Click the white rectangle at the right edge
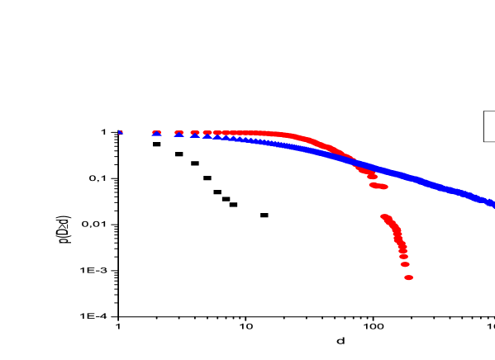pyautogui.click(x=489, y=126)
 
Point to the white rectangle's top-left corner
pyautogui.click(x=484, y=111)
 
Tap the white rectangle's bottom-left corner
pyautogui.click(x=484, y=141)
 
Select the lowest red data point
pyautogui.click(x=408, y=277)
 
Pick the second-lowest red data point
pyautogui.click(x=405, y=265)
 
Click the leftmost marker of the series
pyautogui.click(x=121, y=132)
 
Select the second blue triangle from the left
pyautogui.click(x=156, y=134)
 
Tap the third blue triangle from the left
pyautogui.click(x=178, y=134)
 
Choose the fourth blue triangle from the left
pyautogui.click(x=195, y=135)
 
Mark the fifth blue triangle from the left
pyautogui.click(x=207, y=135)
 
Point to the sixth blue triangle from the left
pyautogui.click(x=216, y=136)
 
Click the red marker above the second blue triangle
pyautogui.click(x=156, y=131)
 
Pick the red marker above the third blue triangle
pyautogui.click(x=178, y=131)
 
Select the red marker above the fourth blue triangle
pyautogui.click(x=195, y=131)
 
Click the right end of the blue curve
pyautogui.click(x=493, y=203)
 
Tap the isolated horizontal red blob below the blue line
pyautogui.click(x=378, y=186)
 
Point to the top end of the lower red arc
pyautogui.click(x=384, y=217)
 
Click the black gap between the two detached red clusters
pyautogui.click(x=382, y=201)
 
